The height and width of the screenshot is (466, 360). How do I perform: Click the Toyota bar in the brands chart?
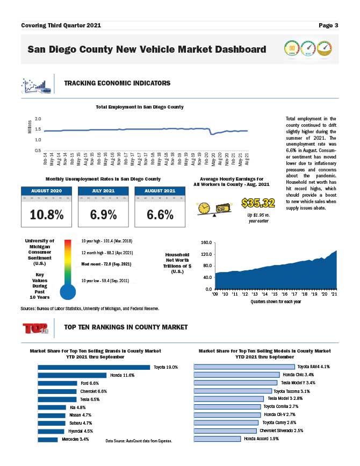(93, 368)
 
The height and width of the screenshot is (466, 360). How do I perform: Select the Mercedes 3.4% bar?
(47, 440)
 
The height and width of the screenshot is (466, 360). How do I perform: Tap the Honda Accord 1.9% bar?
(217, 439)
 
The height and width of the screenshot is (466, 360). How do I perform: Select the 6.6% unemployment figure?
(160, 214)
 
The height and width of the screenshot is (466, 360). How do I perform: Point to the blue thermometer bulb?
(68, 292)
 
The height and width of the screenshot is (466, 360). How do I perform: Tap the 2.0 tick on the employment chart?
(38, 119)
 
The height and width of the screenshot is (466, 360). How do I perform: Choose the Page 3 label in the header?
(328, 25)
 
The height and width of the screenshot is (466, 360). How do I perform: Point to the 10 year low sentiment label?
(105, 280)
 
